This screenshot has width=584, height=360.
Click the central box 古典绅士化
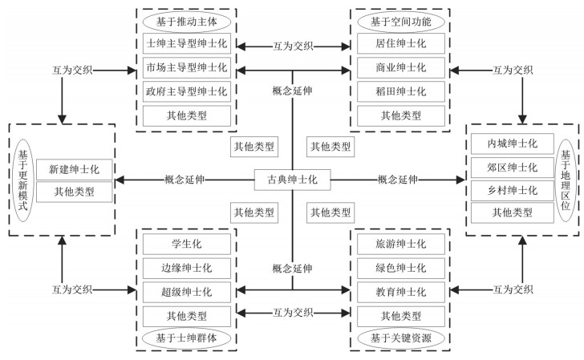tap(292, 179)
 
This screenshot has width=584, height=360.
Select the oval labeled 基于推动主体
tap(187, 18)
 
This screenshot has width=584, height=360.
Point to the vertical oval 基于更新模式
tap(22, 179)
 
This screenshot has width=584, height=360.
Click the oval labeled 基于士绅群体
tap(187, 338)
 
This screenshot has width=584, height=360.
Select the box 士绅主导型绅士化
tap(187, 42)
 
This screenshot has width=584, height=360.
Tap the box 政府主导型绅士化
tap(187, 91)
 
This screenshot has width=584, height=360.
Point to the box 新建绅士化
tap(75, 168)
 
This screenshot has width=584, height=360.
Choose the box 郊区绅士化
tap(512, 168)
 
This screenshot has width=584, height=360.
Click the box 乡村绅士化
tap(512, 190)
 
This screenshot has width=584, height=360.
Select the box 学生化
tap(187, 243)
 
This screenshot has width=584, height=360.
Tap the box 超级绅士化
tap(187, 291)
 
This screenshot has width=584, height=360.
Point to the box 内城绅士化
tap(512, 144)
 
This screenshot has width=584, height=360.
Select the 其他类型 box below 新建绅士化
tap(75, 192)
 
